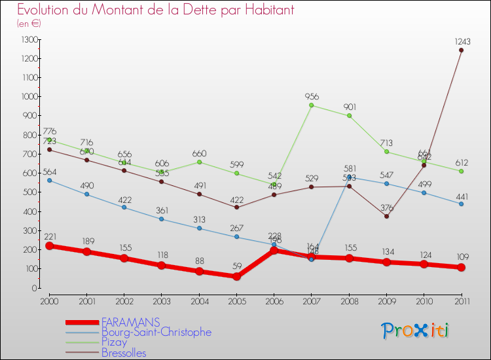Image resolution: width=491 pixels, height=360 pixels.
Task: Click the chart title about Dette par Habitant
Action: [155, 10]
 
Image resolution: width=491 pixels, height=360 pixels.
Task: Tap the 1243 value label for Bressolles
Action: [463, 41]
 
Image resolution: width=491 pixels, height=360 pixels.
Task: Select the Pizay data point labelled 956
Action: [312, 105]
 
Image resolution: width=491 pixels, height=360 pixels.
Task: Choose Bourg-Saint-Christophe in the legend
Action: [156, 333]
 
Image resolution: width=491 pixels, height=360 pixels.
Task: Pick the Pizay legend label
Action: [115, 343]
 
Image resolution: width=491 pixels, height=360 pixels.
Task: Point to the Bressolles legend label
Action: [124, 353]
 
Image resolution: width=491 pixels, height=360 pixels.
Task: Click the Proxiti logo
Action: [416, 331]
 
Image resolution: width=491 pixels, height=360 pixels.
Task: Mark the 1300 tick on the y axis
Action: [29, 40]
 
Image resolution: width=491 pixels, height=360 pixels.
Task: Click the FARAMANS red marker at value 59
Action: [236, 276]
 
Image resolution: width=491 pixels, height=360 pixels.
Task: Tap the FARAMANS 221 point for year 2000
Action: [50, 245]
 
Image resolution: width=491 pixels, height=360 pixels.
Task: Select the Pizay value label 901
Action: [349, 107]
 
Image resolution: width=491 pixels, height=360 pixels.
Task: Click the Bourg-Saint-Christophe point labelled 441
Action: [462, 204]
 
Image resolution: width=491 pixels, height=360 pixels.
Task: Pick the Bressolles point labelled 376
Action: [386, 216]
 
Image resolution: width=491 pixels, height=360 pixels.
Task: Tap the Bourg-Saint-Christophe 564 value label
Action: [50, 172]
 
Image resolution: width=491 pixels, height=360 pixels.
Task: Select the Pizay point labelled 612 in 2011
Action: [462, 171]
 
